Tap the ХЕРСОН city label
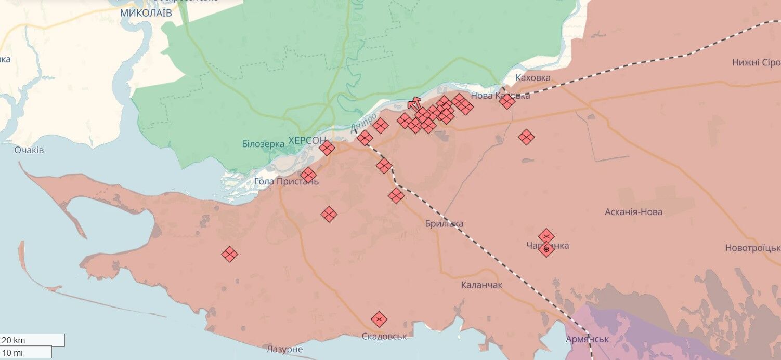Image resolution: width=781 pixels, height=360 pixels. click(307, 140)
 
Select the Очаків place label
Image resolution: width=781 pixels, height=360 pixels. click(29, 150)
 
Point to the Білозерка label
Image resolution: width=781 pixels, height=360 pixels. click(263, 144)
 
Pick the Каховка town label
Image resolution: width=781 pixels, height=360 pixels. click(533, 78)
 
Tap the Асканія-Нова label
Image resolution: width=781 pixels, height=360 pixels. click(633, 212)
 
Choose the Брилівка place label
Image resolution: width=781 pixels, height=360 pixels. click(444, 224)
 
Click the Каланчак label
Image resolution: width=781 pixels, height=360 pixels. click(481, 285)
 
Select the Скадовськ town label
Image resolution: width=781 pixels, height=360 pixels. click(384, 337)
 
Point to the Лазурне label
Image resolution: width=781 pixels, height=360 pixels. click(284, 349)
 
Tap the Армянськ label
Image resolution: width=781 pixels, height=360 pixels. click(588, 339)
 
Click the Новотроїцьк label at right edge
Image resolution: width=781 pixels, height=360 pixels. click(753, 248)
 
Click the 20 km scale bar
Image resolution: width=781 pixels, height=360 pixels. click(32, 340)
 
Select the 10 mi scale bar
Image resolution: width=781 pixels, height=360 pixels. click(26, 353)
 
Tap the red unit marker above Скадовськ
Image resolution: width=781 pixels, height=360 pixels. click(379, 319)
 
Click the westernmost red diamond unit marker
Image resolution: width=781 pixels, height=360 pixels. click(229, 254)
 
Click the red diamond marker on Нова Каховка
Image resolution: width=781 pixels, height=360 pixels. click(507, 101)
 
